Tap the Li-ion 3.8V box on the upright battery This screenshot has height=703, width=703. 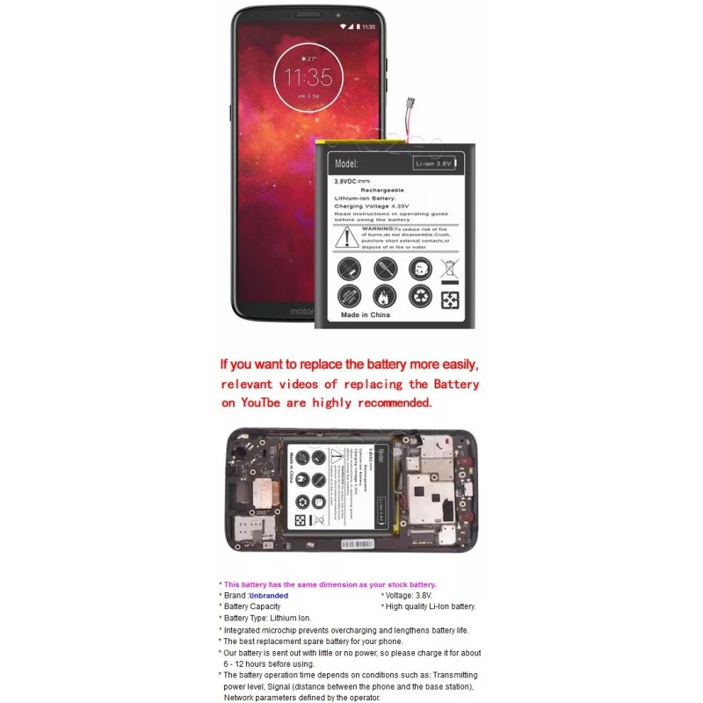(434, 163)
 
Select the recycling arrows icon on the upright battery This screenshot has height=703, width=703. (421, 296)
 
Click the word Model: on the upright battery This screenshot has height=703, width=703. (348, 163)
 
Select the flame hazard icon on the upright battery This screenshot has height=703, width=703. (385, 296)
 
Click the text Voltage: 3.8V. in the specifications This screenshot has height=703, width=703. (409, 596)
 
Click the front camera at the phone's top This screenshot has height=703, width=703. (338, 15)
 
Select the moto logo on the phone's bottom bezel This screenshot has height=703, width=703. (304, 312)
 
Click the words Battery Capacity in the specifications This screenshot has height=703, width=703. (252, 606)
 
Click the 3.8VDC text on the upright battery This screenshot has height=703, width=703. (351, 180)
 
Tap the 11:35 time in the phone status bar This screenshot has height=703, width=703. (369, 26)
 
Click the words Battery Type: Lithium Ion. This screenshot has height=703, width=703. (267, 618)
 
